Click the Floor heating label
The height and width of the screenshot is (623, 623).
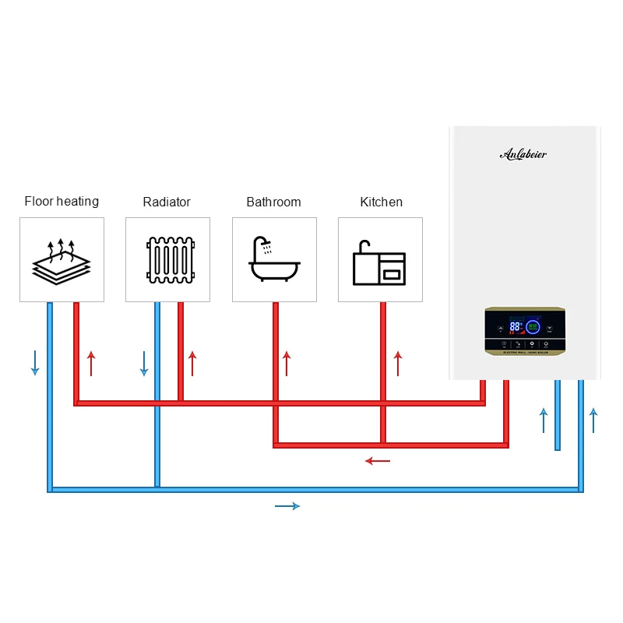pyautogui.click(x=62, y=202)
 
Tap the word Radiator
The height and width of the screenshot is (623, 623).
pyautogui.click(x=167, y=202)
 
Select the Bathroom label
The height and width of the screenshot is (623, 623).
pyautogui.click(x=273, y=202)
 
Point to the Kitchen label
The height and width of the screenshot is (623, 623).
pyautogui.click(x=381, y=202)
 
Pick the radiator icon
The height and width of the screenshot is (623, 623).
pyautogui.click(x=167, y=260)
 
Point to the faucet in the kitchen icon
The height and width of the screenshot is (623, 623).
pyautogui.click(x=362, y=248)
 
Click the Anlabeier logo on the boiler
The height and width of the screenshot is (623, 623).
pyautogui.click(x=523, y=154)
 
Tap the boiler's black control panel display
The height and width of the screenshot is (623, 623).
pyautogui.click(x=525, y=331)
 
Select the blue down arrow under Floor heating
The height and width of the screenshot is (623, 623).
pyautogui.click(x=35, y=363)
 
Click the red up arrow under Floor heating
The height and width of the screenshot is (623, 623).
pyautogui.click(x=91, y=363)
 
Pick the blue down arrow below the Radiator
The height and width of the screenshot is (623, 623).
pyautogui.click(x=144, y=363)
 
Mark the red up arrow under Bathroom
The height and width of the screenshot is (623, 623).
pyautogui.click(x=286, y=363)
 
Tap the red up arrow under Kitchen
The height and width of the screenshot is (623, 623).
pyautogui.click(x=398, y=363)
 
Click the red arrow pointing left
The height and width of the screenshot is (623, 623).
pyautogui.click(x=378, y=461)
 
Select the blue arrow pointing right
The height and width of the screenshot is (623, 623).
pyautogui.click(x=287, y=506)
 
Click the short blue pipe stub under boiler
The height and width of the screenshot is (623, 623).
pyautogui.click(x=558, y=417)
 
